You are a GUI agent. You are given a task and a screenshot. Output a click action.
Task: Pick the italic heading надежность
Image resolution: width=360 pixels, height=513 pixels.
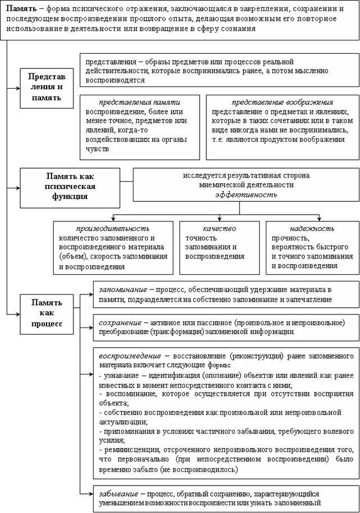pyautogui.click(x=312, y=228)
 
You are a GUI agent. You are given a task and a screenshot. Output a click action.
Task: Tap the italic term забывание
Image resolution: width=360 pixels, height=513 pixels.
pyautogui.click(x=119, y=494)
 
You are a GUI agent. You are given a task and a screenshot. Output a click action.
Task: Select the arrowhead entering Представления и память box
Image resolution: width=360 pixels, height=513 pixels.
pyautogui.click(x=17, y=89)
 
